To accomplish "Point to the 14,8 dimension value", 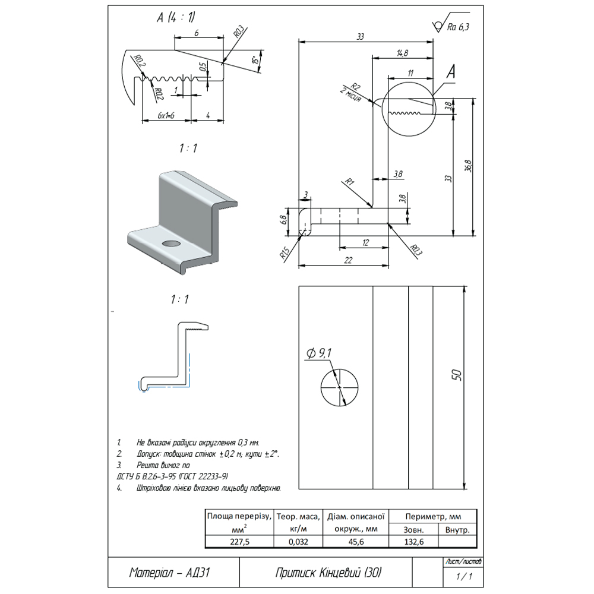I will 401,53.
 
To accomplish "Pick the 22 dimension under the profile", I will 348,260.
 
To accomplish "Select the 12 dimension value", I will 365,242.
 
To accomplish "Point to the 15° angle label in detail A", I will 254,62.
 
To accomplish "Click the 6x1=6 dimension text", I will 166,115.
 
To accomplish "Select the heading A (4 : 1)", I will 176,18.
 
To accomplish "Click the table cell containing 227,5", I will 239,541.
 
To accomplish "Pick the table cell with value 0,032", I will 298,541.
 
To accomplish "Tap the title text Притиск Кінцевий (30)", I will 328,573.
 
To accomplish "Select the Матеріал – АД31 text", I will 170,573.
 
